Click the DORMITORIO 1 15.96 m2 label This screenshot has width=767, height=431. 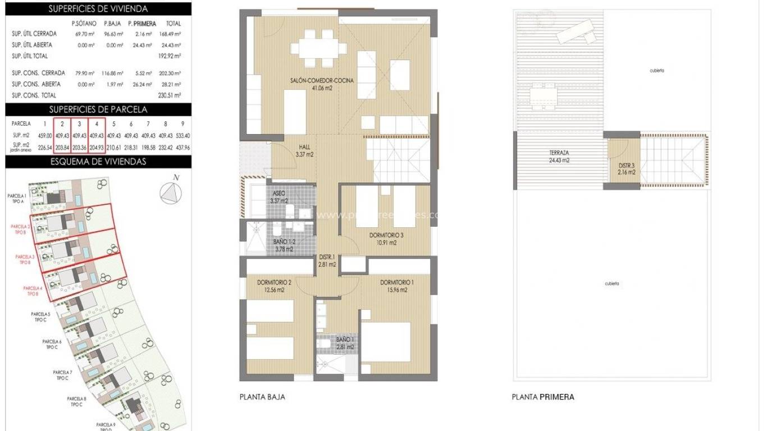point(396,286)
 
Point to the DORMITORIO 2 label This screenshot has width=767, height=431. point(273,286)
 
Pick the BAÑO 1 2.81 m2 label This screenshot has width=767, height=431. point(345,343)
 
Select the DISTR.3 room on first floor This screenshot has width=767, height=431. point(627,168)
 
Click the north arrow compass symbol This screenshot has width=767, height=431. point(172,192)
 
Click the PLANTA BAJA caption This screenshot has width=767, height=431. point(262,397)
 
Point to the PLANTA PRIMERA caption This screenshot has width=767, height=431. point(542,397)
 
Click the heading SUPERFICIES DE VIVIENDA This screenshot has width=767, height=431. point(98,9)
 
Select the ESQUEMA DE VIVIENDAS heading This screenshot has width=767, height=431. point(98,162)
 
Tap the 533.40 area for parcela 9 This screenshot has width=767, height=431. point(182,135)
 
